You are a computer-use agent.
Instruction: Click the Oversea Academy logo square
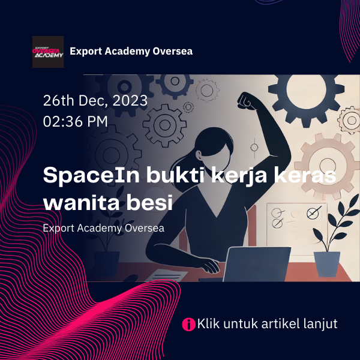(48, 52)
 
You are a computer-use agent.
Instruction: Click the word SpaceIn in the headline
(91, 176)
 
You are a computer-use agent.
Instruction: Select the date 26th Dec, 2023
(95, 101)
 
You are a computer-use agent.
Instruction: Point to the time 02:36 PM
(76, 121)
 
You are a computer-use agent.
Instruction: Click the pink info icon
(188, 324)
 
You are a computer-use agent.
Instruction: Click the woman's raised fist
(247, 100)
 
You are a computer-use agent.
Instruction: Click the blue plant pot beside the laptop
(327, 264)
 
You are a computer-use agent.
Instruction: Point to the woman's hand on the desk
(208, 265)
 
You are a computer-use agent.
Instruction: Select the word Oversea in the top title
(173, 51)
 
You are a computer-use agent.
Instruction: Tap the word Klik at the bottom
(208, 323)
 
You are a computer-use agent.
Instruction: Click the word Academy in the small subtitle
(100, 229)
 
